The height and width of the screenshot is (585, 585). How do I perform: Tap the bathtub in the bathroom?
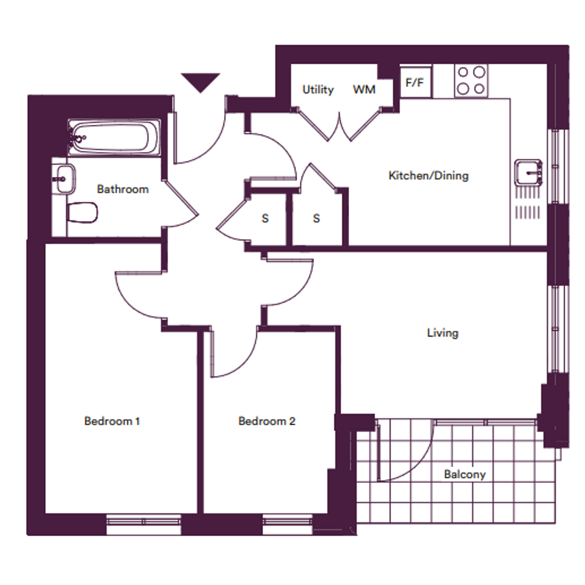(114, 137)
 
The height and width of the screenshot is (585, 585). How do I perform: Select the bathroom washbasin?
(64, 179)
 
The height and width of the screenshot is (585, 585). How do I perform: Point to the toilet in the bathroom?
(82, 213)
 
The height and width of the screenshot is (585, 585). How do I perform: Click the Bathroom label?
(123, 189)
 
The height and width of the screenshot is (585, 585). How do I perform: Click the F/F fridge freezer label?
(415, 82)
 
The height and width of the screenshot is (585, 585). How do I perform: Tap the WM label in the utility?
(364, 90)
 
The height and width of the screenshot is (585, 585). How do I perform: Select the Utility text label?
(318, 90)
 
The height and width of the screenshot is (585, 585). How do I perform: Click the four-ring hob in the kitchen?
(471, 80)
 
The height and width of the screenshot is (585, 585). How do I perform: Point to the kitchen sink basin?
(528, 173)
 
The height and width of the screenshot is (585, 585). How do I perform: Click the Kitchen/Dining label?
(428, 175)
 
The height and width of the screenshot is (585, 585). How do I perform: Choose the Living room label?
(443, 333)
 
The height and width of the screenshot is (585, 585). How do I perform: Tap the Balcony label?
(465, 474)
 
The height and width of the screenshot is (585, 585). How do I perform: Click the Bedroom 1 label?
(112, 421)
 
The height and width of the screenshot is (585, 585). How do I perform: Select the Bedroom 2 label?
(267, 421)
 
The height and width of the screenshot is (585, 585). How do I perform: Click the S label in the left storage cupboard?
(266, 219)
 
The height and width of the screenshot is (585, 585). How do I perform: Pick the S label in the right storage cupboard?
(316, 219)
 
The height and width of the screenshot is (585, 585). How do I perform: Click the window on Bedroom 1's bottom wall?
(144, 524)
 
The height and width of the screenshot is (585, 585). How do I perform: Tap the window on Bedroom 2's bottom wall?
(287, 524)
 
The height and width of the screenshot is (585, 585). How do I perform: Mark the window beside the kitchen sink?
(558, 167)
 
